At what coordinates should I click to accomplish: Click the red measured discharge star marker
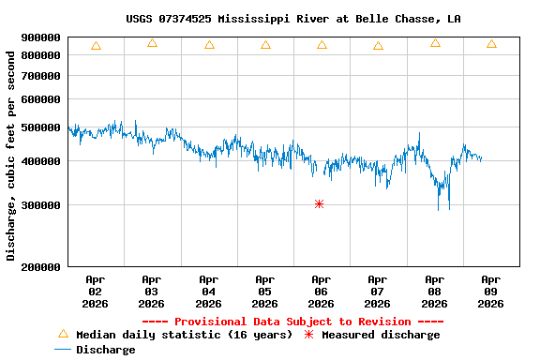[320, 203]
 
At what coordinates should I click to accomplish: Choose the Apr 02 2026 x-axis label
[96, 291]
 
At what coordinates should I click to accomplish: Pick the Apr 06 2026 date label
[321, 291]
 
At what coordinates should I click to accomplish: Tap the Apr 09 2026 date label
[490, 291]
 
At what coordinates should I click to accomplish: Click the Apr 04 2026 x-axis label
[208, 291]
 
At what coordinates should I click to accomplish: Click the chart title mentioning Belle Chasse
[292, 19]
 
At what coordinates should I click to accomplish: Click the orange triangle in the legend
[63, 334]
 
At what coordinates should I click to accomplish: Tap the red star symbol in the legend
[309, 335]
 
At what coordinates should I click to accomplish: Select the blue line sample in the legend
[63, 350]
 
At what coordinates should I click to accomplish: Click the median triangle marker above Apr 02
[96, 45]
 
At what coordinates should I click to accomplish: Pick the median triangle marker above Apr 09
[491, 44]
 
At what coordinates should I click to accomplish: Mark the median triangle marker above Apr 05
[265, 44]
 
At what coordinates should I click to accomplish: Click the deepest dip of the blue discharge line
[449, 208]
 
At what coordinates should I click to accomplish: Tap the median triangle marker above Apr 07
[378, 45]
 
